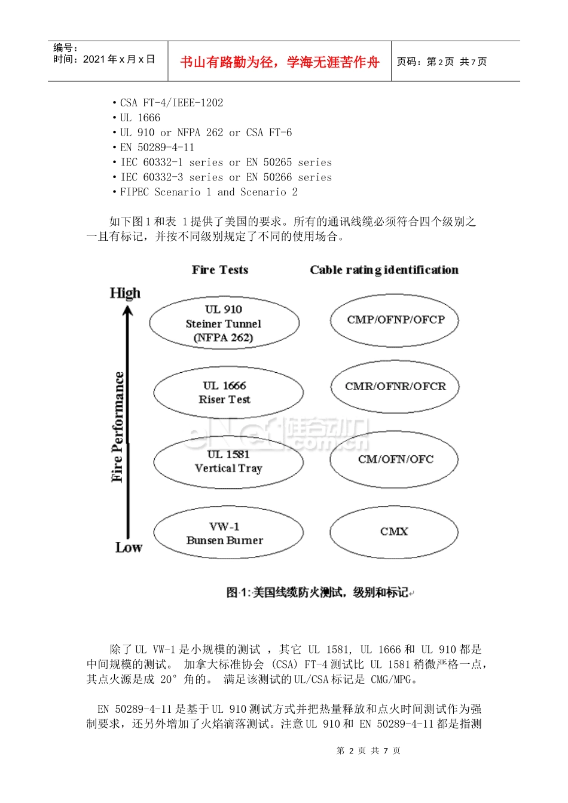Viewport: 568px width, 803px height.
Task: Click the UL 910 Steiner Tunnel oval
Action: click(x=224, y=323)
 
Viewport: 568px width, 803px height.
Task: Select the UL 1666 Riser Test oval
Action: click(x=228, y=392)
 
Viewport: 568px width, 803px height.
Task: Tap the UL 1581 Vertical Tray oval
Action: click(x=228, y=461)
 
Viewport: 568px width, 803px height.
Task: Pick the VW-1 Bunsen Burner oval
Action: click(x=228, y=533)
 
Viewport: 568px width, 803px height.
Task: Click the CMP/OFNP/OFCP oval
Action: click(x=395, y=320)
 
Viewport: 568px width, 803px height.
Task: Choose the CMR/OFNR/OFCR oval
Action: click(x=395, y=387)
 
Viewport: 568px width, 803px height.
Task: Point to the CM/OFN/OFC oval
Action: click(x=395, y=459)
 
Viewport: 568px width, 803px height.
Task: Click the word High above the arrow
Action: click(x=125, y=293)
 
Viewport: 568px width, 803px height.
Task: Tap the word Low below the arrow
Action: click(x=129, y=547)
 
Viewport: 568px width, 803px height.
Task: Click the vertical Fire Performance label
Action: click(x=118, y=427)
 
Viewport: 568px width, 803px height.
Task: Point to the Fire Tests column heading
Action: click(x=219, y=270)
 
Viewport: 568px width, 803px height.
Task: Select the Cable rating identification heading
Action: click(x=384, y=270)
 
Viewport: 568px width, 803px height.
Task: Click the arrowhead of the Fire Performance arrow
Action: click(x=127, y=311)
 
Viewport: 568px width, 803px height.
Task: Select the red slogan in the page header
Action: click(x=279, y=62)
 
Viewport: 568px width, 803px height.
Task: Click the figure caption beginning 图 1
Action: click(x=319, y=592)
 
